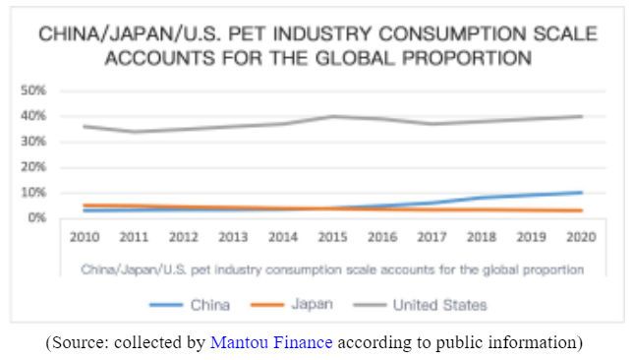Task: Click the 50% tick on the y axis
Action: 34,90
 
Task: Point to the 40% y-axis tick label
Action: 34,116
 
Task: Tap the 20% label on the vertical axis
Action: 34,166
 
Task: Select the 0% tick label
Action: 37,216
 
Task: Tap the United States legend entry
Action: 439,305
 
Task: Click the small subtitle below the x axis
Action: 332,268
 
